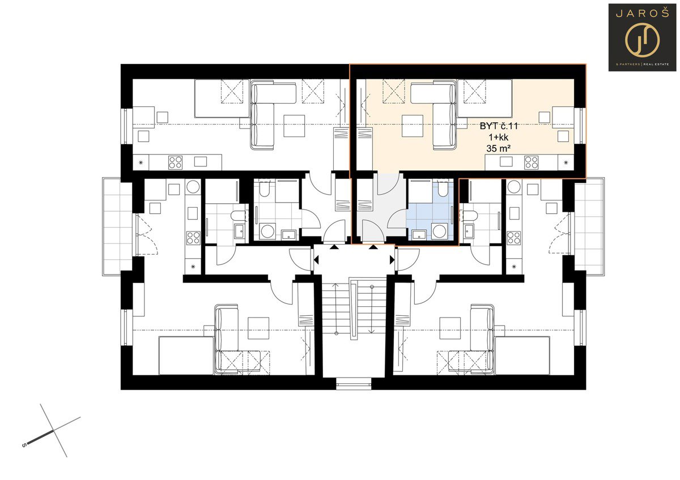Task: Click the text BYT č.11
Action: point(499,126)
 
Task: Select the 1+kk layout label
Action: point(498,138)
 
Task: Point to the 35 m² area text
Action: point(498,148)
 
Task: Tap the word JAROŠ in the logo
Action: point(642,14)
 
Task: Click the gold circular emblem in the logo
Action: point(643,41)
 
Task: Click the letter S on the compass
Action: point(24,445)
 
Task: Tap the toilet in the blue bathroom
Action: point(443,188)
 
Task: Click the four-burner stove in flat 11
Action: point(532,162)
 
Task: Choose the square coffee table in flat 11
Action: point(413,126)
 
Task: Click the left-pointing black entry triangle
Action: point(316,260)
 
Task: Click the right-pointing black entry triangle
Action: point(392,260)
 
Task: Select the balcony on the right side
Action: point(589,226)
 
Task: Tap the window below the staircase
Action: point(354,384)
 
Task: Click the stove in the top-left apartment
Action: point(176,162)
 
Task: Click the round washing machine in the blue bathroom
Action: point(440,231)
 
